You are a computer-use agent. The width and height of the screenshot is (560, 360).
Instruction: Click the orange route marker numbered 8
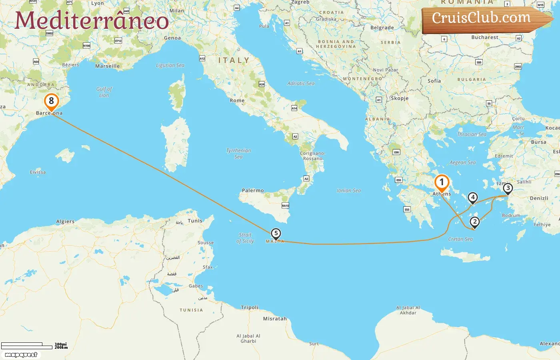(x=51, y=101)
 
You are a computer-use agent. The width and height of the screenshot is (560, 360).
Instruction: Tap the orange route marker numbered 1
(x=442, y=182)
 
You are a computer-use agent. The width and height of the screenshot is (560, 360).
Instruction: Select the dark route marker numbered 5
(x=276, y=234)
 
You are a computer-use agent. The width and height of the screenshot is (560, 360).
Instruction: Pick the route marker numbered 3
(x=508, y=188)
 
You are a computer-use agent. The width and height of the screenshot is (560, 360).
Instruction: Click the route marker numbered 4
(x=473, y=197)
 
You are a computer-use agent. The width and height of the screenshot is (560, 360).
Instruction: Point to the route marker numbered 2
(x=474, y=222)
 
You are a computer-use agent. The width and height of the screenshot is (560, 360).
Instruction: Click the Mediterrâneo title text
(x=92, y=20)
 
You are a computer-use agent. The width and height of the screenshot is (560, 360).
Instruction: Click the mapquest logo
(x=21, y=354)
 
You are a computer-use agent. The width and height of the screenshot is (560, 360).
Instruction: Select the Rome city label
(x=237, y=100)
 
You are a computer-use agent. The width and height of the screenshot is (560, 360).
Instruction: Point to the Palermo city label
(x=253, y=190)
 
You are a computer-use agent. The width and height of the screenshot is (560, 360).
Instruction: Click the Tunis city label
(x=195, y=221)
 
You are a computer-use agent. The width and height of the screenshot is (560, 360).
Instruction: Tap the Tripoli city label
(x=250, y=308)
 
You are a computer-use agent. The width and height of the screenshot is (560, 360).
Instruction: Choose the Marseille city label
(x=107, y=66)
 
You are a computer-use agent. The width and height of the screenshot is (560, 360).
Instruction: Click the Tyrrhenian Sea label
(x=238, y=154)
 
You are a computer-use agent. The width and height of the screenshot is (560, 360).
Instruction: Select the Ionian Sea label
(x=348, y=191)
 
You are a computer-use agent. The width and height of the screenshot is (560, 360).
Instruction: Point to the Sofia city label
(x=434, y=81)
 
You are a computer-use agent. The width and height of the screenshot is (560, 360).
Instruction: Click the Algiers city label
(x=65, y=222)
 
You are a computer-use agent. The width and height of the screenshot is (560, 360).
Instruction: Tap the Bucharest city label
(x=485, y=37)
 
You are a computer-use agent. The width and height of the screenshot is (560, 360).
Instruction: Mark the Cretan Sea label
(x=460, y=239)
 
